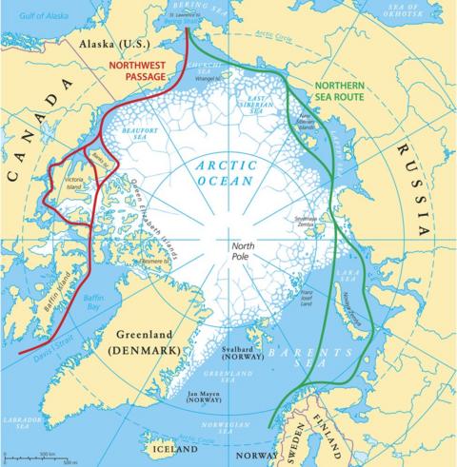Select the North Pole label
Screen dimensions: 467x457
click(244, 250)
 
